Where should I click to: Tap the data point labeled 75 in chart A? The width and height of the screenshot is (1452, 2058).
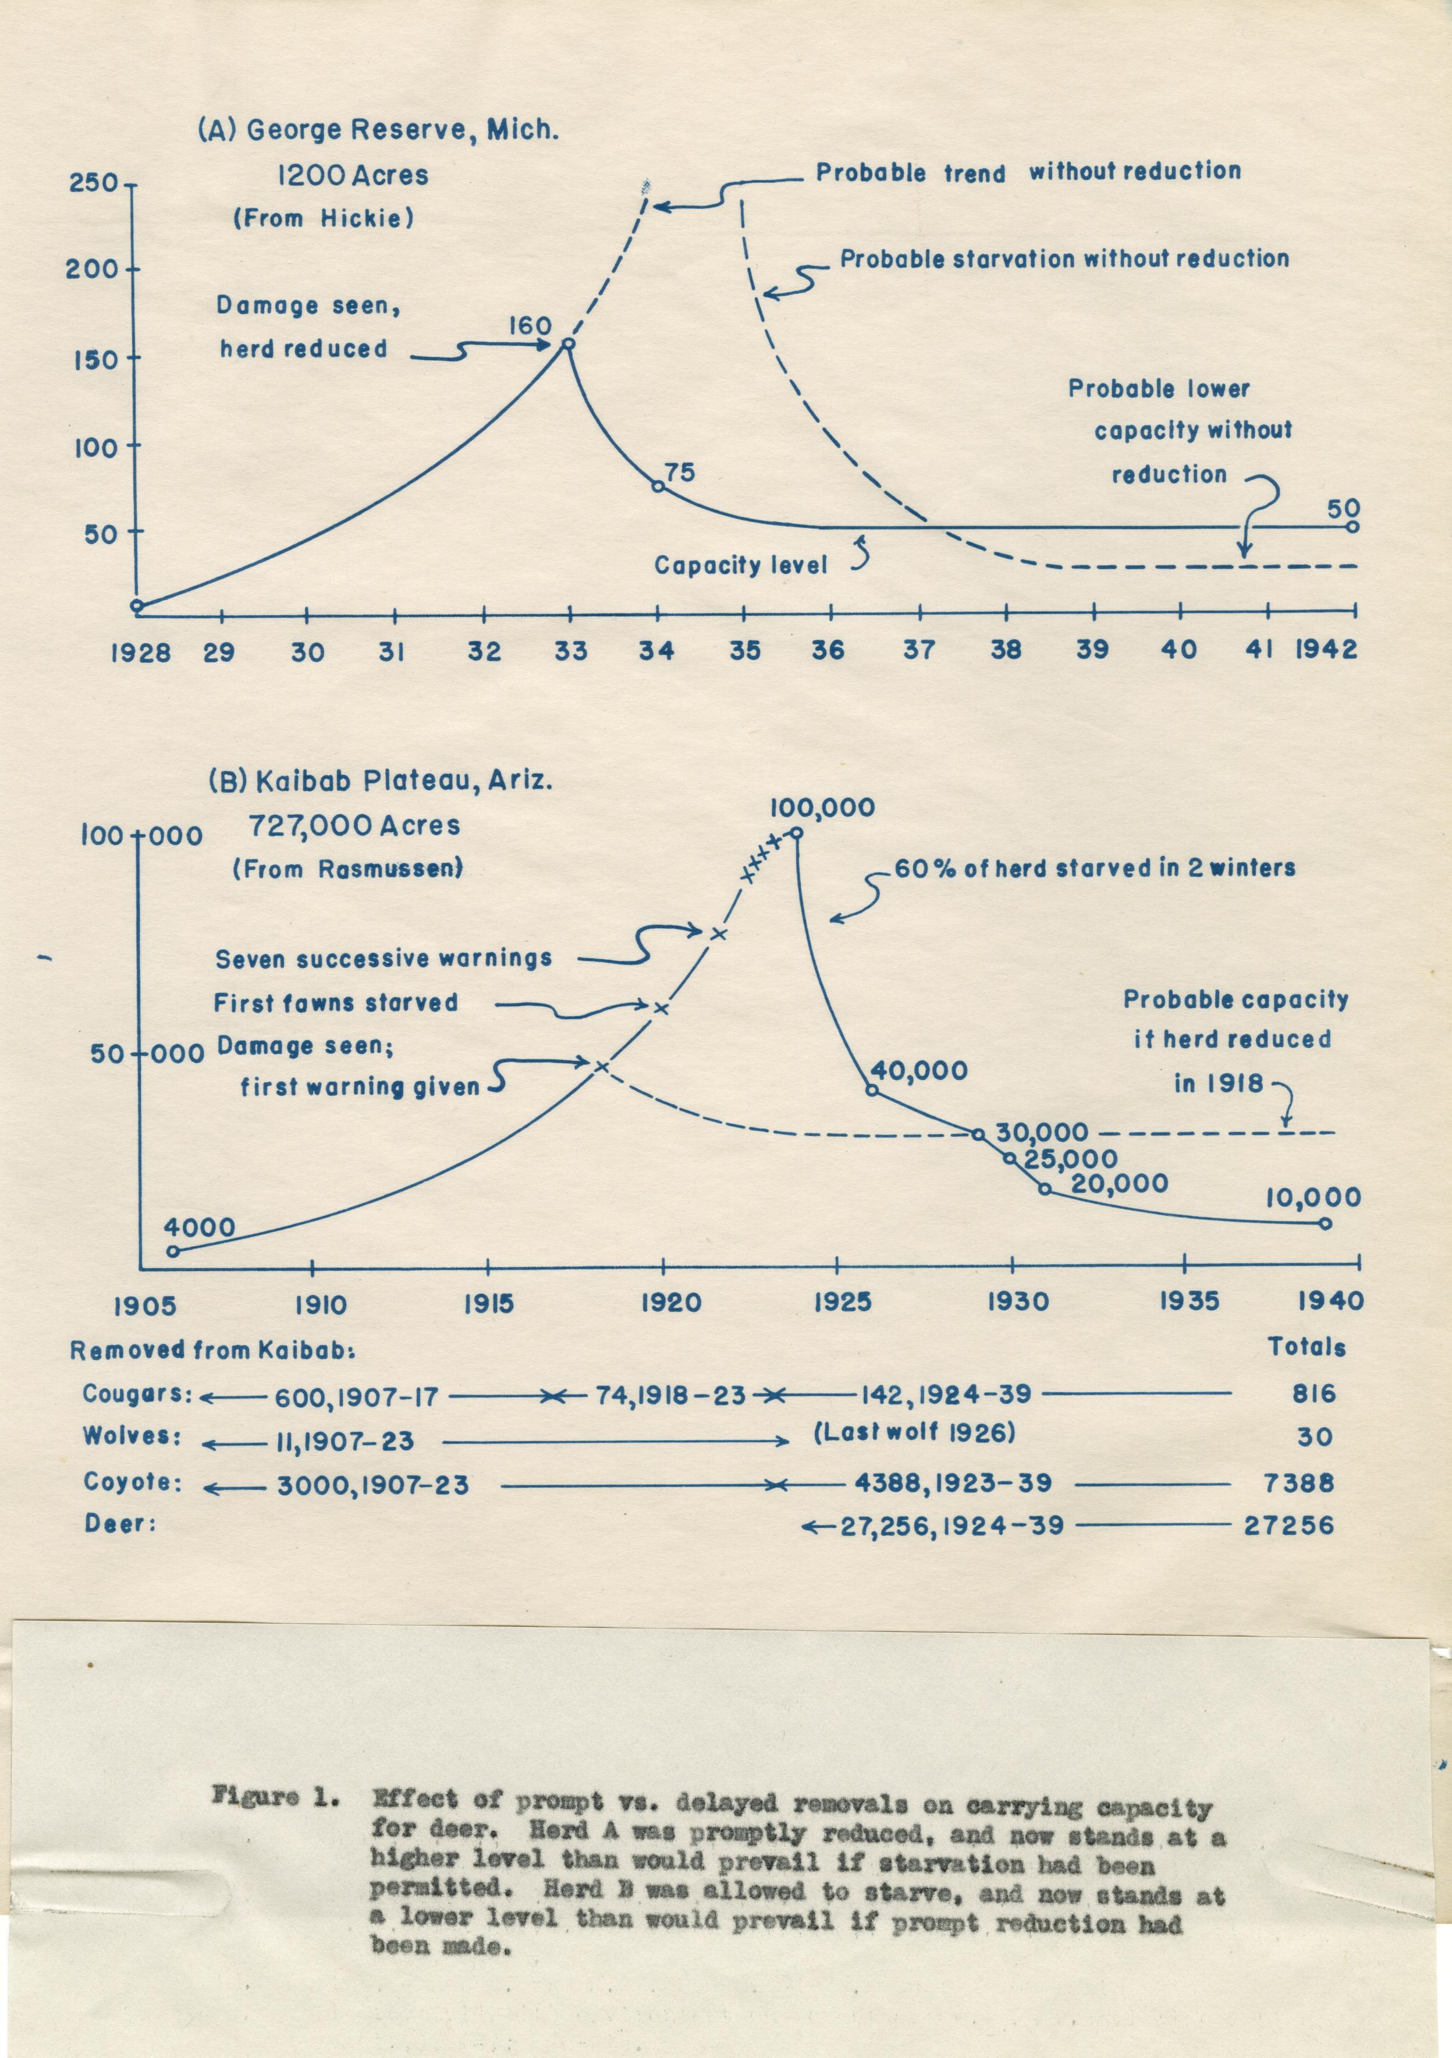click(x=657, y=486)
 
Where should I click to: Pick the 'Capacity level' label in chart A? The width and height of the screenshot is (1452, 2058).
click(x=740, y=566)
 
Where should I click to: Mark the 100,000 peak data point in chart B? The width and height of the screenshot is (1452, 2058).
click(x=795, y=833)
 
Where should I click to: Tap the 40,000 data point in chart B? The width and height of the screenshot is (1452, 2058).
click(x=870, y=1090)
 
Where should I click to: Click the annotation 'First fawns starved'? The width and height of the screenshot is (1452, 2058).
click(x=335, y=1003)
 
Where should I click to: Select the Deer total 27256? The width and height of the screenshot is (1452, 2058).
click(x=1289, y=1525)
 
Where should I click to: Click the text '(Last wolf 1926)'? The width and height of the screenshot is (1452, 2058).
click(x=914, y=1433)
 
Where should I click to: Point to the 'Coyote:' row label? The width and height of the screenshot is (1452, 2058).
click(x=133, y=1482)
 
